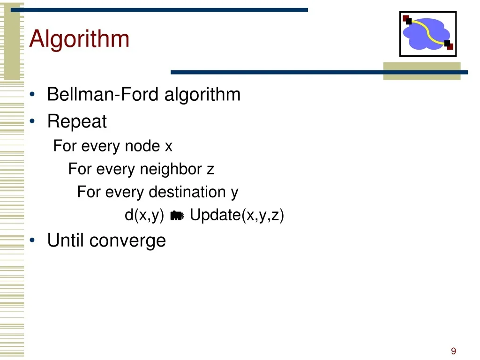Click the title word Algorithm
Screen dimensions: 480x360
click(79, 39)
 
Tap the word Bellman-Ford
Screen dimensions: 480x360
click(103, 94)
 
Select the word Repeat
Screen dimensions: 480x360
click(77, 121)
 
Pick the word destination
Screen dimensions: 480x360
click(187, 192)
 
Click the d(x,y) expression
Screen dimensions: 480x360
click(144, 215)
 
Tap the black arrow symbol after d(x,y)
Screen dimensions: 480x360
click(177, 216)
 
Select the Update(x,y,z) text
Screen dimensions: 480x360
click(237, 215)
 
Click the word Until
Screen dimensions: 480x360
click(65, 240)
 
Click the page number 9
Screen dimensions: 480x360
click(453, 351)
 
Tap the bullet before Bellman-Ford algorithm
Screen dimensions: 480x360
click(32, 94)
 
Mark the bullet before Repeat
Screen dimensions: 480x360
click(32, 121)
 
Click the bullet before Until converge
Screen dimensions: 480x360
click(32, 240)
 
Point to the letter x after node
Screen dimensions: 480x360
click(169, 146)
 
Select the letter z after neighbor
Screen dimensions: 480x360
click(210, 170)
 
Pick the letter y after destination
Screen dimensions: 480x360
click(234, 194)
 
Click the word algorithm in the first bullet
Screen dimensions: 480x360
click(202, 95)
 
